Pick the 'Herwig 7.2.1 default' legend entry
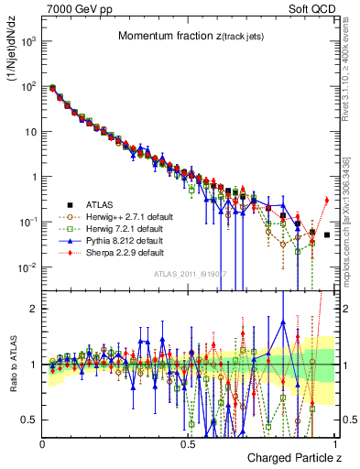pos(121,227)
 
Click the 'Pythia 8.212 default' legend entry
pos(121,239)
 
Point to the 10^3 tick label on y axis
pos(27,41)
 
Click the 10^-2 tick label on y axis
pos(27,267)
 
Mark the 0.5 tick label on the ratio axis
pos(29,420)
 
